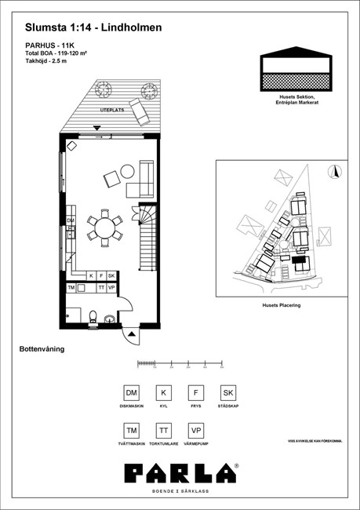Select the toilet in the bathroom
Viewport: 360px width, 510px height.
[x=93, y=318]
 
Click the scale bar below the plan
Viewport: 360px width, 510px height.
[x=180, y=363]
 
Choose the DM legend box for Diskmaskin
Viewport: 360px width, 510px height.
[x=132, y=393]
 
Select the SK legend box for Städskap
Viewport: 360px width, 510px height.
[x=227, y=393]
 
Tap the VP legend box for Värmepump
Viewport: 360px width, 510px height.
[x=195, y=431]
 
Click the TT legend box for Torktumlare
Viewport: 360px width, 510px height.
[x=163, y=431]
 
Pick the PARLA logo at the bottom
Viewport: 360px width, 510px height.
[x=180, y=473]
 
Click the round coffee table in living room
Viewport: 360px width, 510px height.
[x=125, y=173]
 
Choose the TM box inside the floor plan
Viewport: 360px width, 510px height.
[x=71, y=288]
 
